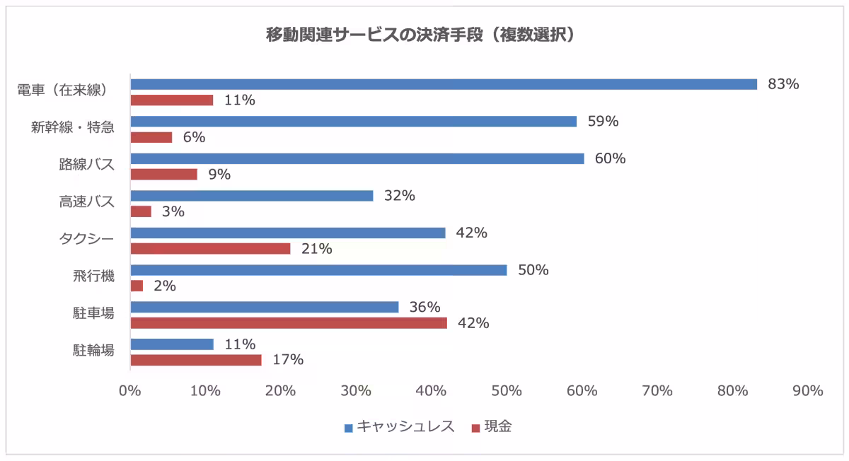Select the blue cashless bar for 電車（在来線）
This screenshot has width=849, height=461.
click(444, 84)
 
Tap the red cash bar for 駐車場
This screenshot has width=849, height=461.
click(289, 323)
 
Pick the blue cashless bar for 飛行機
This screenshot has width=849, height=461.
click(318, 270)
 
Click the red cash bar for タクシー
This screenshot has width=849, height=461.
click(210, 249)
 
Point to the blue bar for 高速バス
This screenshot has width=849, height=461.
click(251, 196)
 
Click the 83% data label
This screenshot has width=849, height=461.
click(783, 84)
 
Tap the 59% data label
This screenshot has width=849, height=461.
click(603, 121)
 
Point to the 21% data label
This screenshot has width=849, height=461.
click(317, 249)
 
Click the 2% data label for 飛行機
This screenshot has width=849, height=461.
click(164, 286)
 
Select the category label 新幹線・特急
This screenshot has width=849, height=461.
click(72, 127)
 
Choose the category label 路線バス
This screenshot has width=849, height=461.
click(86, 165)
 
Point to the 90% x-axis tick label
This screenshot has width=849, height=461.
click(807, 390)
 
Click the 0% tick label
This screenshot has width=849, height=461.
click(130, 390)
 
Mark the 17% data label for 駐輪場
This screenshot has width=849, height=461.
click(288, 360)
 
